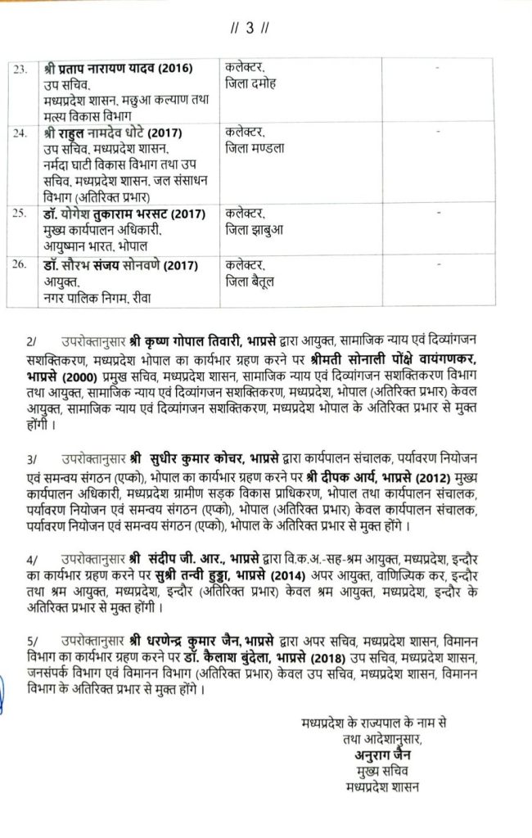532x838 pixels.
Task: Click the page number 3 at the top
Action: (259, 31)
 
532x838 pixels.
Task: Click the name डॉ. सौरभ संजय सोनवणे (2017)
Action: (119, 264)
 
